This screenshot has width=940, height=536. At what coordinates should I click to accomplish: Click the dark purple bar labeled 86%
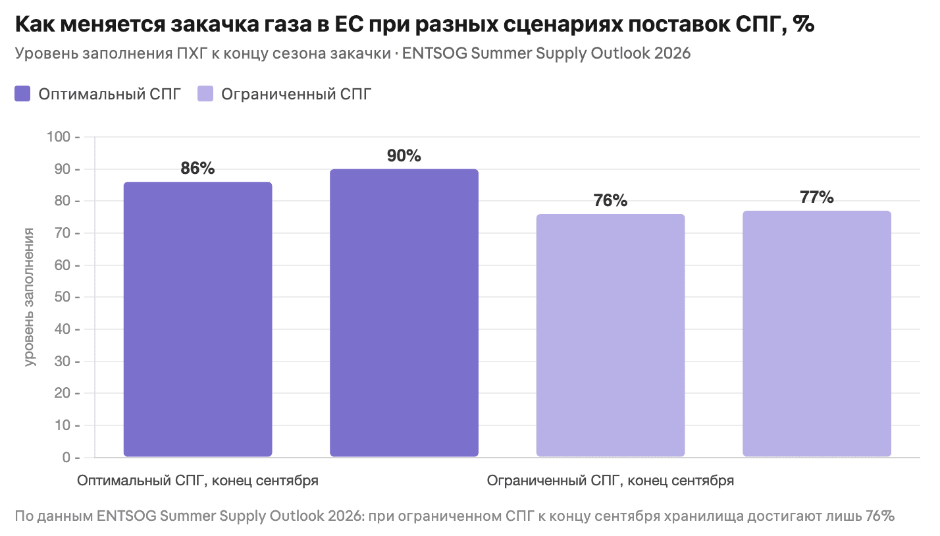pos(197,319)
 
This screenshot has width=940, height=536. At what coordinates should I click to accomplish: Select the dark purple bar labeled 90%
pos(404,313)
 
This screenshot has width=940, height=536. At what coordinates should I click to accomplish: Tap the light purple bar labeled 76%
pos(610,335)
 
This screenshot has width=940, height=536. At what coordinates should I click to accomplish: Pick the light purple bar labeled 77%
pos(817,334)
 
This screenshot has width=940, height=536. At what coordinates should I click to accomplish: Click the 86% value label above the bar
pos(197,169)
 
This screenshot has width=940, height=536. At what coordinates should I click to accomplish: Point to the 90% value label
pos(404,156)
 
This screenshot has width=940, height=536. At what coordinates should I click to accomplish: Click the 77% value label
pos(817,198)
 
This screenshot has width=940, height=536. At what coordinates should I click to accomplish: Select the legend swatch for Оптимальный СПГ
pos(23,94)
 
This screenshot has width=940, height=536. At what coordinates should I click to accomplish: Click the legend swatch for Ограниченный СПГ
pos(205,94)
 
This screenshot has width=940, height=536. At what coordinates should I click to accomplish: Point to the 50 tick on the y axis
pos(63,298)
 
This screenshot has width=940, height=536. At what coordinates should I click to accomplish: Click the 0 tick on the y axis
pos(66,458)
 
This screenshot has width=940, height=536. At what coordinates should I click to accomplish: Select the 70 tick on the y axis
pos(63,233)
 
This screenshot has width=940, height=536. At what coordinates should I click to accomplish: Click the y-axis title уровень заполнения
pos(30,296)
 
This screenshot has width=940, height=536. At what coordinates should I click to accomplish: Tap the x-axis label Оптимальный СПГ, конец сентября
pos(197,481)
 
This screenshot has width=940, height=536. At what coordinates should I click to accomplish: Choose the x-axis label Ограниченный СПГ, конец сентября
pos(610,481)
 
